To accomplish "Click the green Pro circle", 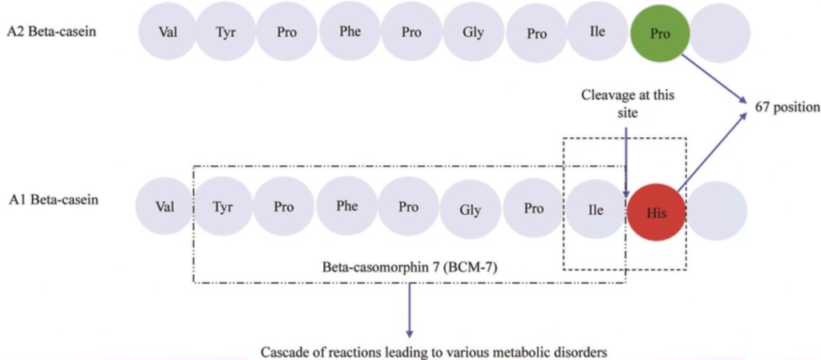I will point(659,34).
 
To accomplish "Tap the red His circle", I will point(657,213).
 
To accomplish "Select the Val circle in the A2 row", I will point(166,34).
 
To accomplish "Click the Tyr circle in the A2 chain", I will point(225,34).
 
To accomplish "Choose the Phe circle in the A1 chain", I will point(347,207).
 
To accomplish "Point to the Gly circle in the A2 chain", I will point(473,34).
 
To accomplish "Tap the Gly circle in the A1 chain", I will point(470,210).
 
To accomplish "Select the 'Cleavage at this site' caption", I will point(628,104).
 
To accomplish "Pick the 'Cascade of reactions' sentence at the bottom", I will point(411,351).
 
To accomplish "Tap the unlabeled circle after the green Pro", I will point(719,34).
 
